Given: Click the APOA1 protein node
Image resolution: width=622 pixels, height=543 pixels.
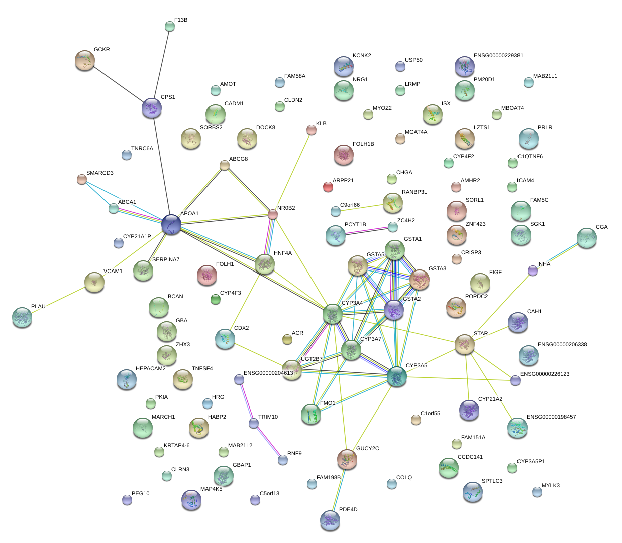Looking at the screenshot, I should tap(171, 224).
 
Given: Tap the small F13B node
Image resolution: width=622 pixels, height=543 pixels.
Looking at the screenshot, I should tap(170, 26).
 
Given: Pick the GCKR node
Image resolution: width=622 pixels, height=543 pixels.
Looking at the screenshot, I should tap(84, 60).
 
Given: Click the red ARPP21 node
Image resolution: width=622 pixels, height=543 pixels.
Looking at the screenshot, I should tap(328, 187).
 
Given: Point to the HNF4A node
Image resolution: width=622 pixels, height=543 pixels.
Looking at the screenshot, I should tap(264, 264).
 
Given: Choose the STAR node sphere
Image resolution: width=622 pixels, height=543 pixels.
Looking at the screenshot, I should tap(464, 345).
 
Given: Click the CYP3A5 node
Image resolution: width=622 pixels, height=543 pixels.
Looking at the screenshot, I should tap(397, 376).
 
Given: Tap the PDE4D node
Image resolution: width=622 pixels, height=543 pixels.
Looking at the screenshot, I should tap(330, 520).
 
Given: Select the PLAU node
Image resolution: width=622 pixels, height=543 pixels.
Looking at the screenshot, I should tap(22, 317).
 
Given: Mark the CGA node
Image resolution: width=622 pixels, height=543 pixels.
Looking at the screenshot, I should tap(586, 238).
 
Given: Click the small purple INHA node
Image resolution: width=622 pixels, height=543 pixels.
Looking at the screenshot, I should tap(533, 271).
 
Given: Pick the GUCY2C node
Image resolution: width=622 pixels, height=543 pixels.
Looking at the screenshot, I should tap(347, 459).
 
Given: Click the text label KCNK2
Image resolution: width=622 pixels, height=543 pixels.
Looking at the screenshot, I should tap(362, 56).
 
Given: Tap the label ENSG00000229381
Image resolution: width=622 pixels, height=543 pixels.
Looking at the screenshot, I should tap(498, 56).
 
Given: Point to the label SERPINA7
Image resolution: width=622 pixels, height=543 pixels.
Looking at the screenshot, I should tap(166, 260).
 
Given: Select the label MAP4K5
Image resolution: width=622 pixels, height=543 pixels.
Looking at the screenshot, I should tap(211, 489).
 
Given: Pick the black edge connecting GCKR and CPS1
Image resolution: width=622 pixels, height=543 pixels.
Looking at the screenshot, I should tap(118, 84).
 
